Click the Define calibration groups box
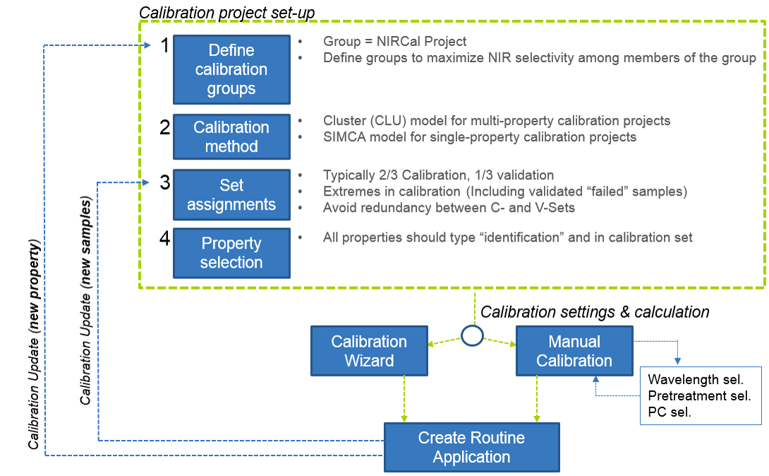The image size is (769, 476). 231,69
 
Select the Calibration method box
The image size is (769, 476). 231,137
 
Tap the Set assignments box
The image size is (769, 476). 231,195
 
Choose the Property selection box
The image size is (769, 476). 231,253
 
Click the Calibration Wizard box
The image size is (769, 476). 369,350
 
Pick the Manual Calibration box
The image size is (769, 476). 574,350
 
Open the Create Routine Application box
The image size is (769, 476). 471,447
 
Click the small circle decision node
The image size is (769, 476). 471,336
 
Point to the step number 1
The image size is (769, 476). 164,47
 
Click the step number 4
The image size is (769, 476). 164,239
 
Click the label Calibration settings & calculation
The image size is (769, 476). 595,311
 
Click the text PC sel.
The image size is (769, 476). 670,412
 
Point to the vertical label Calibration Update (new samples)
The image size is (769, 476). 85,300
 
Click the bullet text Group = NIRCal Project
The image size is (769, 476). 394,42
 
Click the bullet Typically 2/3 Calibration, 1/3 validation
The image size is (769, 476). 438,174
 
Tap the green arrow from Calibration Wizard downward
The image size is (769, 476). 404,399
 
